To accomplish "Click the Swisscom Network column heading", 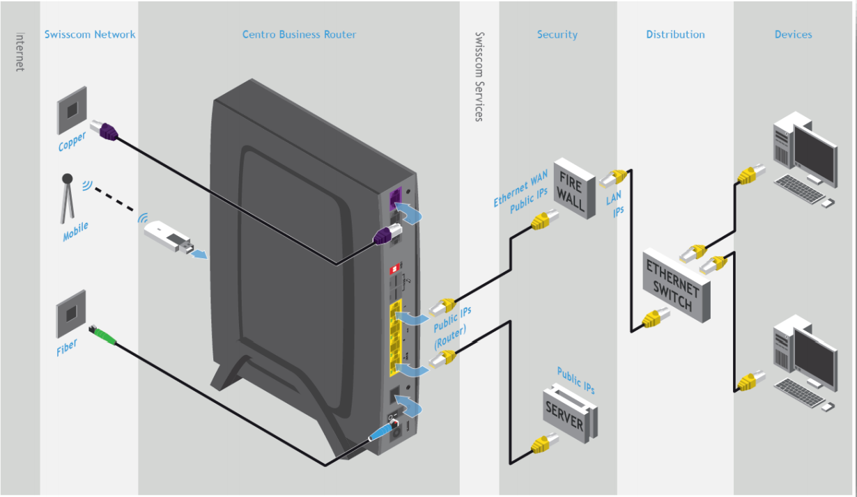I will click(x=90, y=35).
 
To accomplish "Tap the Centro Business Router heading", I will click(x=299, y=35).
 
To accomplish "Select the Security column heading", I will click(x=557, y=35).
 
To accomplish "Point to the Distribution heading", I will click(x=675, y=35).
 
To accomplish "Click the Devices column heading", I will click(x=793, y=35).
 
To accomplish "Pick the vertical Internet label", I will click(x=20, y=52).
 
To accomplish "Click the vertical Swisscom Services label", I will click(x=479, y=77).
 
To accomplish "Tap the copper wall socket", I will click(x=72, y=109).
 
